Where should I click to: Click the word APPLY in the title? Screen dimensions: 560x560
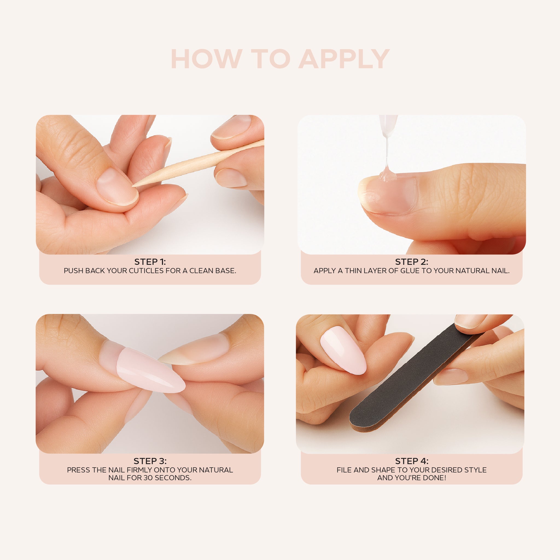point(344,59)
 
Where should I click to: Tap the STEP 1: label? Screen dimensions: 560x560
point(150,262)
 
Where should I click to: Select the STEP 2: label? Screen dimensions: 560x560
point(412,262)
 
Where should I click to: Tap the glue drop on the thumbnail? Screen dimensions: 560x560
point(387,175)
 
